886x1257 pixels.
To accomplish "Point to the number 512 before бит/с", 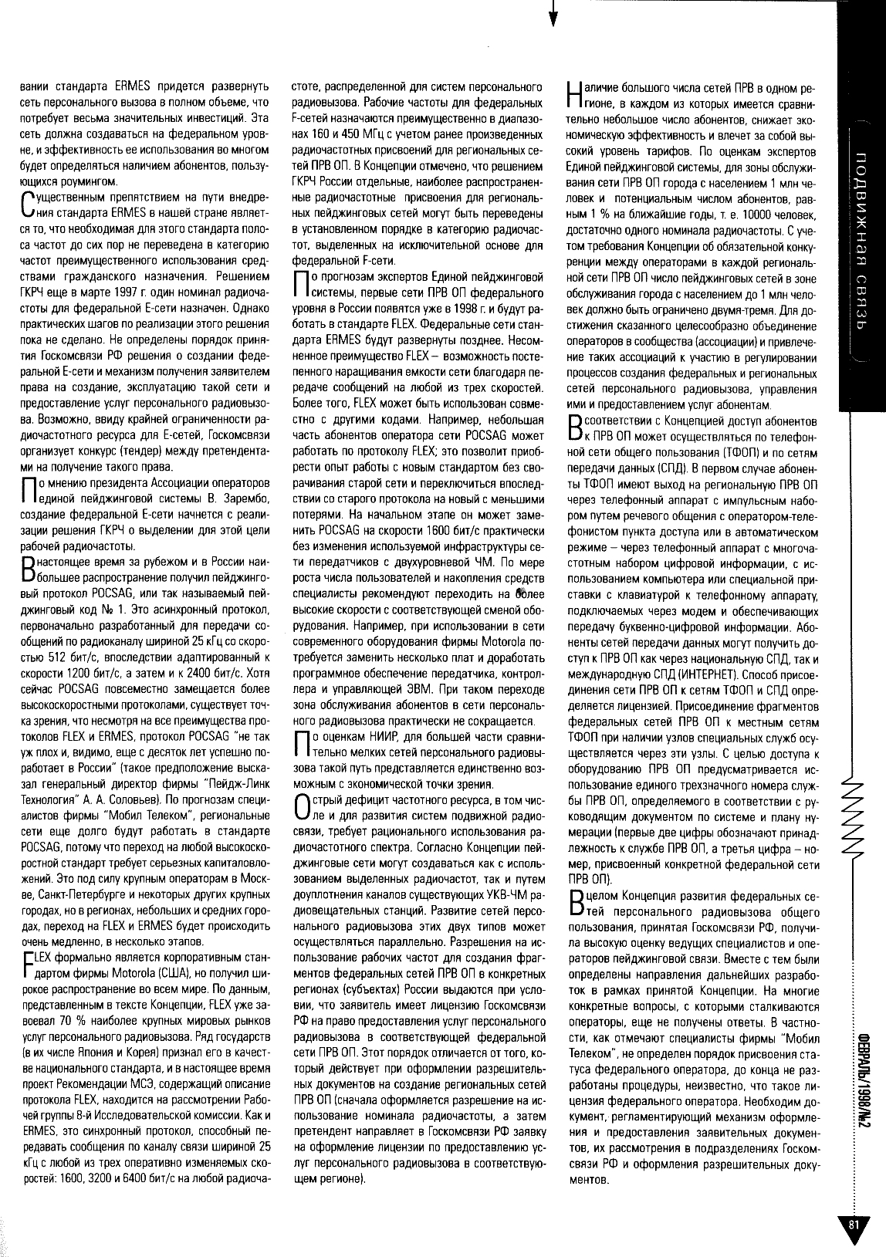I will pos(61,639).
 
